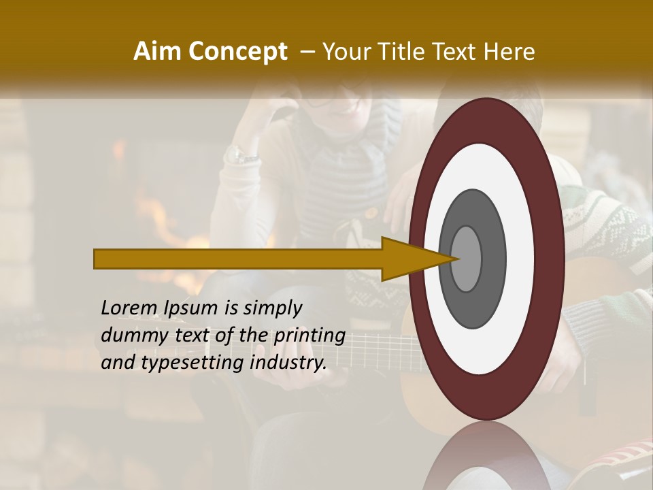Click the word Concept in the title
click(x=237, y=52)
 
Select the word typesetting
click(x=192, y=363)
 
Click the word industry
click(x=288, y=362)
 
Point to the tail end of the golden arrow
click(x=99, y=259)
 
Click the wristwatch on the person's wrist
click(x=241, y=154)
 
